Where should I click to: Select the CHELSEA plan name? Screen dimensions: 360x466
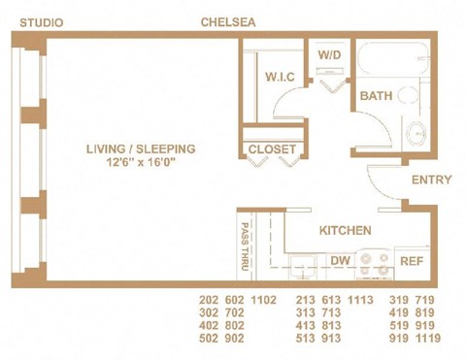[x=228, y=20]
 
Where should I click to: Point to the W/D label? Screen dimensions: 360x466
[x=330, y=56]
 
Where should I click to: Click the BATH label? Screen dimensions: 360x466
[x=376, y=96]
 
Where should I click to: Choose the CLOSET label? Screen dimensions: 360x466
[x=271, y=149]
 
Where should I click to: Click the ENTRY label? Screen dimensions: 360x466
[x=430, y=180]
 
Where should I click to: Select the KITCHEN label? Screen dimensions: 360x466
[x=345, y=231]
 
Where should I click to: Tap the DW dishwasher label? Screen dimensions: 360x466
[x=340, y=261]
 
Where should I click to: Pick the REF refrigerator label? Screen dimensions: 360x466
[x=412, y=261]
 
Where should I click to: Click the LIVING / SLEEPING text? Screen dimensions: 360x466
[x=140, y=148]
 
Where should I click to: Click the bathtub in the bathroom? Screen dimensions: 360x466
[x=393, y=60]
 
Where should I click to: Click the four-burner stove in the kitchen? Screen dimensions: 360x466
[x=374, y=263]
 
